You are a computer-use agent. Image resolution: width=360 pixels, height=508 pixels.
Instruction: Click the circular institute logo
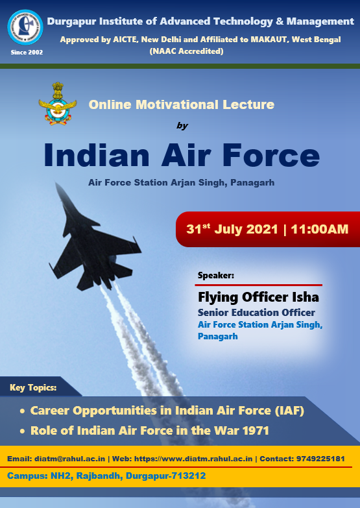tap(25, 27)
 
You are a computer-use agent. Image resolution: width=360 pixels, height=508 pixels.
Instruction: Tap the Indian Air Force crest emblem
tap(58, 104)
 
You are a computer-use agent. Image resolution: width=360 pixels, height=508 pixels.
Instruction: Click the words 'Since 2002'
tap(27, 53)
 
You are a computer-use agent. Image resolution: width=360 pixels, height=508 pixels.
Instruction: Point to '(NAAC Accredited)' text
tap(186, 51)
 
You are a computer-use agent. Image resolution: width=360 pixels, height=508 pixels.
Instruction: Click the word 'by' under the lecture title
tap(182, 126)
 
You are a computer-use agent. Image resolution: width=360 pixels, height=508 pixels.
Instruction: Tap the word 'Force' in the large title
tap(271, 155)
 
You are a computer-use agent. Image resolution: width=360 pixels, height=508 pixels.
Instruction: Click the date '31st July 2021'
tap(232, 229)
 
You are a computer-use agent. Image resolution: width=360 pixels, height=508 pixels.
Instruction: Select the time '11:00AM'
tap(320, 230)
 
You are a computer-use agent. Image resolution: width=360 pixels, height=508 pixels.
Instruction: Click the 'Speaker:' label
tap(216, 276)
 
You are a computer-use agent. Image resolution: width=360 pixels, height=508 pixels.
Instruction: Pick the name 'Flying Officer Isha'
tap(258, 297)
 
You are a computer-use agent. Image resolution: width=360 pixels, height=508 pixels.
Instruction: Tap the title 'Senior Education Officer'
tap(256, 313)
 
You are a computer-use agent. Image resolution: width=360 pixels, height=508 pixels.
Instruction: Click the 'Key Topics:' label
tap(33, 388)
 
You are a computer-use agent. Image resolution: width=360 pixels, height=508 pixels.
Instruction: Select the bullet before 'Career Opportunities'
tap(22, 411)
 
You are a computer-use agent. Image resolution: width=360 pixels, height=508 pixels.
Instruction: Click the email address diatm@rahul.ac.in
tap(69, 459)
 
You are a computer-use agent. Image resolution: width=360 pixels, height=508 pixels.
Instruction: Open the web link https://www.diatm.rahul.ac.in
tap(193, 459)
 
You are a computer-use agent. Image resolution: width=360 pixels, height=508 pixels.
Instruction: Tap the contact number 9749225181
tap(320, 459)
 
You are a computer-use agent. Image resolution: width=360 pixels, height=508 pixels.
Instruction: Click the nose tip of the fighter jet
tap(56, 183)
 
